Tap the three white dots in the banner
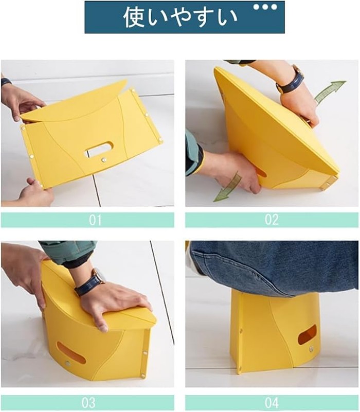coord(265,7)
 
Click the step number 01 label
coord(95,220)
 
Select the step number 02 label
coord(272,220)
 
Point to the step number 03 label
coord(88,403)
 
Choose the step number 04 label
coord(272,403)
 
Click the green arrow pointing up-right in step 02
coord(330,92)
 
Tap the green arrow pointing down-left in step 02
coord(227,187)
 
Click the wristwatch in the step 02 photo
coord(290,80)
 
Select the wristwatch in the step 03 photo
coord(88,282)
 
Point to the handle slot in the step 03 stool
coord(71,352)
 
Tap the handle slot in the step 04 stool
coord(307,334)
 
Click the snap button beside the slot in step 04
coord(311,349)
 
